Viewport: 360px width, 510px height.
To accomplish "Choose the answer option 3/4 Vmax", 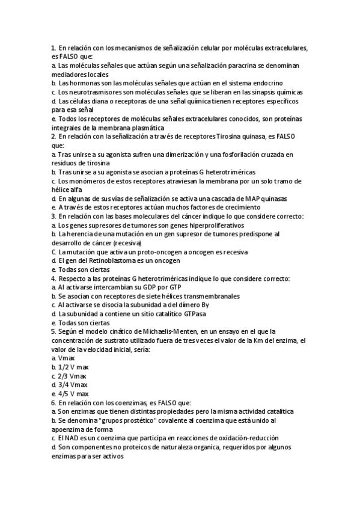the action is coord(70,385).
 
